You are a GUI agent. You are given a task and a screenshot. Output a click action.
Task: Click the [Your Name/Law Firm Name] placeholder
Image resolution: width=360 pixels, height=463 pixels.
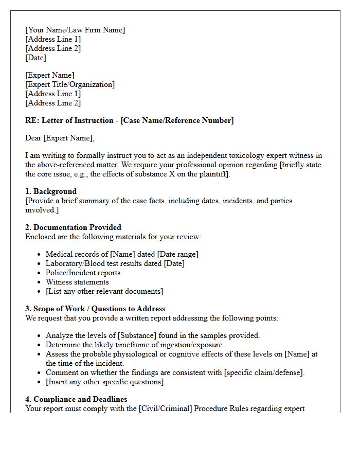[x=75, y=30]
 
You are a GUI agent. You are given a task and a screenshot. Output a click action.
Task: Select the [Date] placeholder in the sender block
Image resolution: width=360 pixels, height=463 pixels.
[x=36, y=58]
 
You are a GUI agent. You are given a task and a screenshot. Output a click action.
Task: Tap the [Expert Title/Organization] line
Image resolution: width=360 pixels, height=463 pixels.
[x=70, y=84]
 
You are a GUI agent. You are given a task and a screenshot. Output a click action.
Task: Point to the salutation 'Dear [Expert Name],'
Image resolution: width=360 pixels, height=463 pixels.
[x=60, y=138]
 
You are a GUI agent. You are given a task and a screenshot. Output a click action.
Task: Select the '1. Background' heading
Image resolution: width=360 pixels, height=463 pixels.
[x=51, y=191]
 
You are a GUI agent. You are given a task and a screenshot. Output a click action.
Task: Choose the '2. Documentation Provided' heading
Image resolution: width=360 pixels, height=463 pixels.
[x=73, y=227]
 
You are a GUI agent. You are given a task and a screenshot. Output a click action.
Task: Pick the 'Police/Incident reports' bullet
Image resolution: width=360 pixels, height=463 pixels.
[x=83, y=273]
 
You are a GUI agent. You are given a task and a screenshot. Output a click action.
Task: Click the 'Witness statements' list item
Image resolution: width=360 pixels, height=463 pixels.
[x=77, y=282]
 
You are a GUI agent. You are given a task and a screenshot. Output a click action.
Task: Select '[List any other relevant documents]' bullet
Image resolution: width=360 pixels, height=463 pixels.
[x=104, y=291]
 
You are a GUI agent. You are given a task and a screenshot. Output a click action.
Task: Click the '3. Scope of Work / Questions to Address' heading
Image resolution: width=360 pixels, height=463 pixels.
[x=95, y=309]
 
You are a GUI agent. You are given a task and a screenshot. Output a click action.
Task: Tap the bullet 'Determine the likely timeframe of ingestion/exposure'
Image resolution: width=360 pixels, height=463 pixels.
[x=135, y=345]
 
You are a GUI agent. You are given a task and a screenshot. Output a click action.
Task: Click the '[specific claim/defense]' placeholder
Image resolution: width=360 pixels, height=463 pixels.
[x=264, y=372]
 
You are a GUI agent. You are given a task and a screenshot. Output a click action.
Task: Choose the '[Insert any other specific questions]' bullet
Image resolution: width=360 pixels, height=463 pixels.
[x=105, y=382]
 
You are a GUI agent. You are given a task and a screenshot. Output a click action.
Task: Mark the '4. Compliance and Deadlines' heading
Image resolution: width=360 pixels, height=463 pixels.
[x=76, y=399]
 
